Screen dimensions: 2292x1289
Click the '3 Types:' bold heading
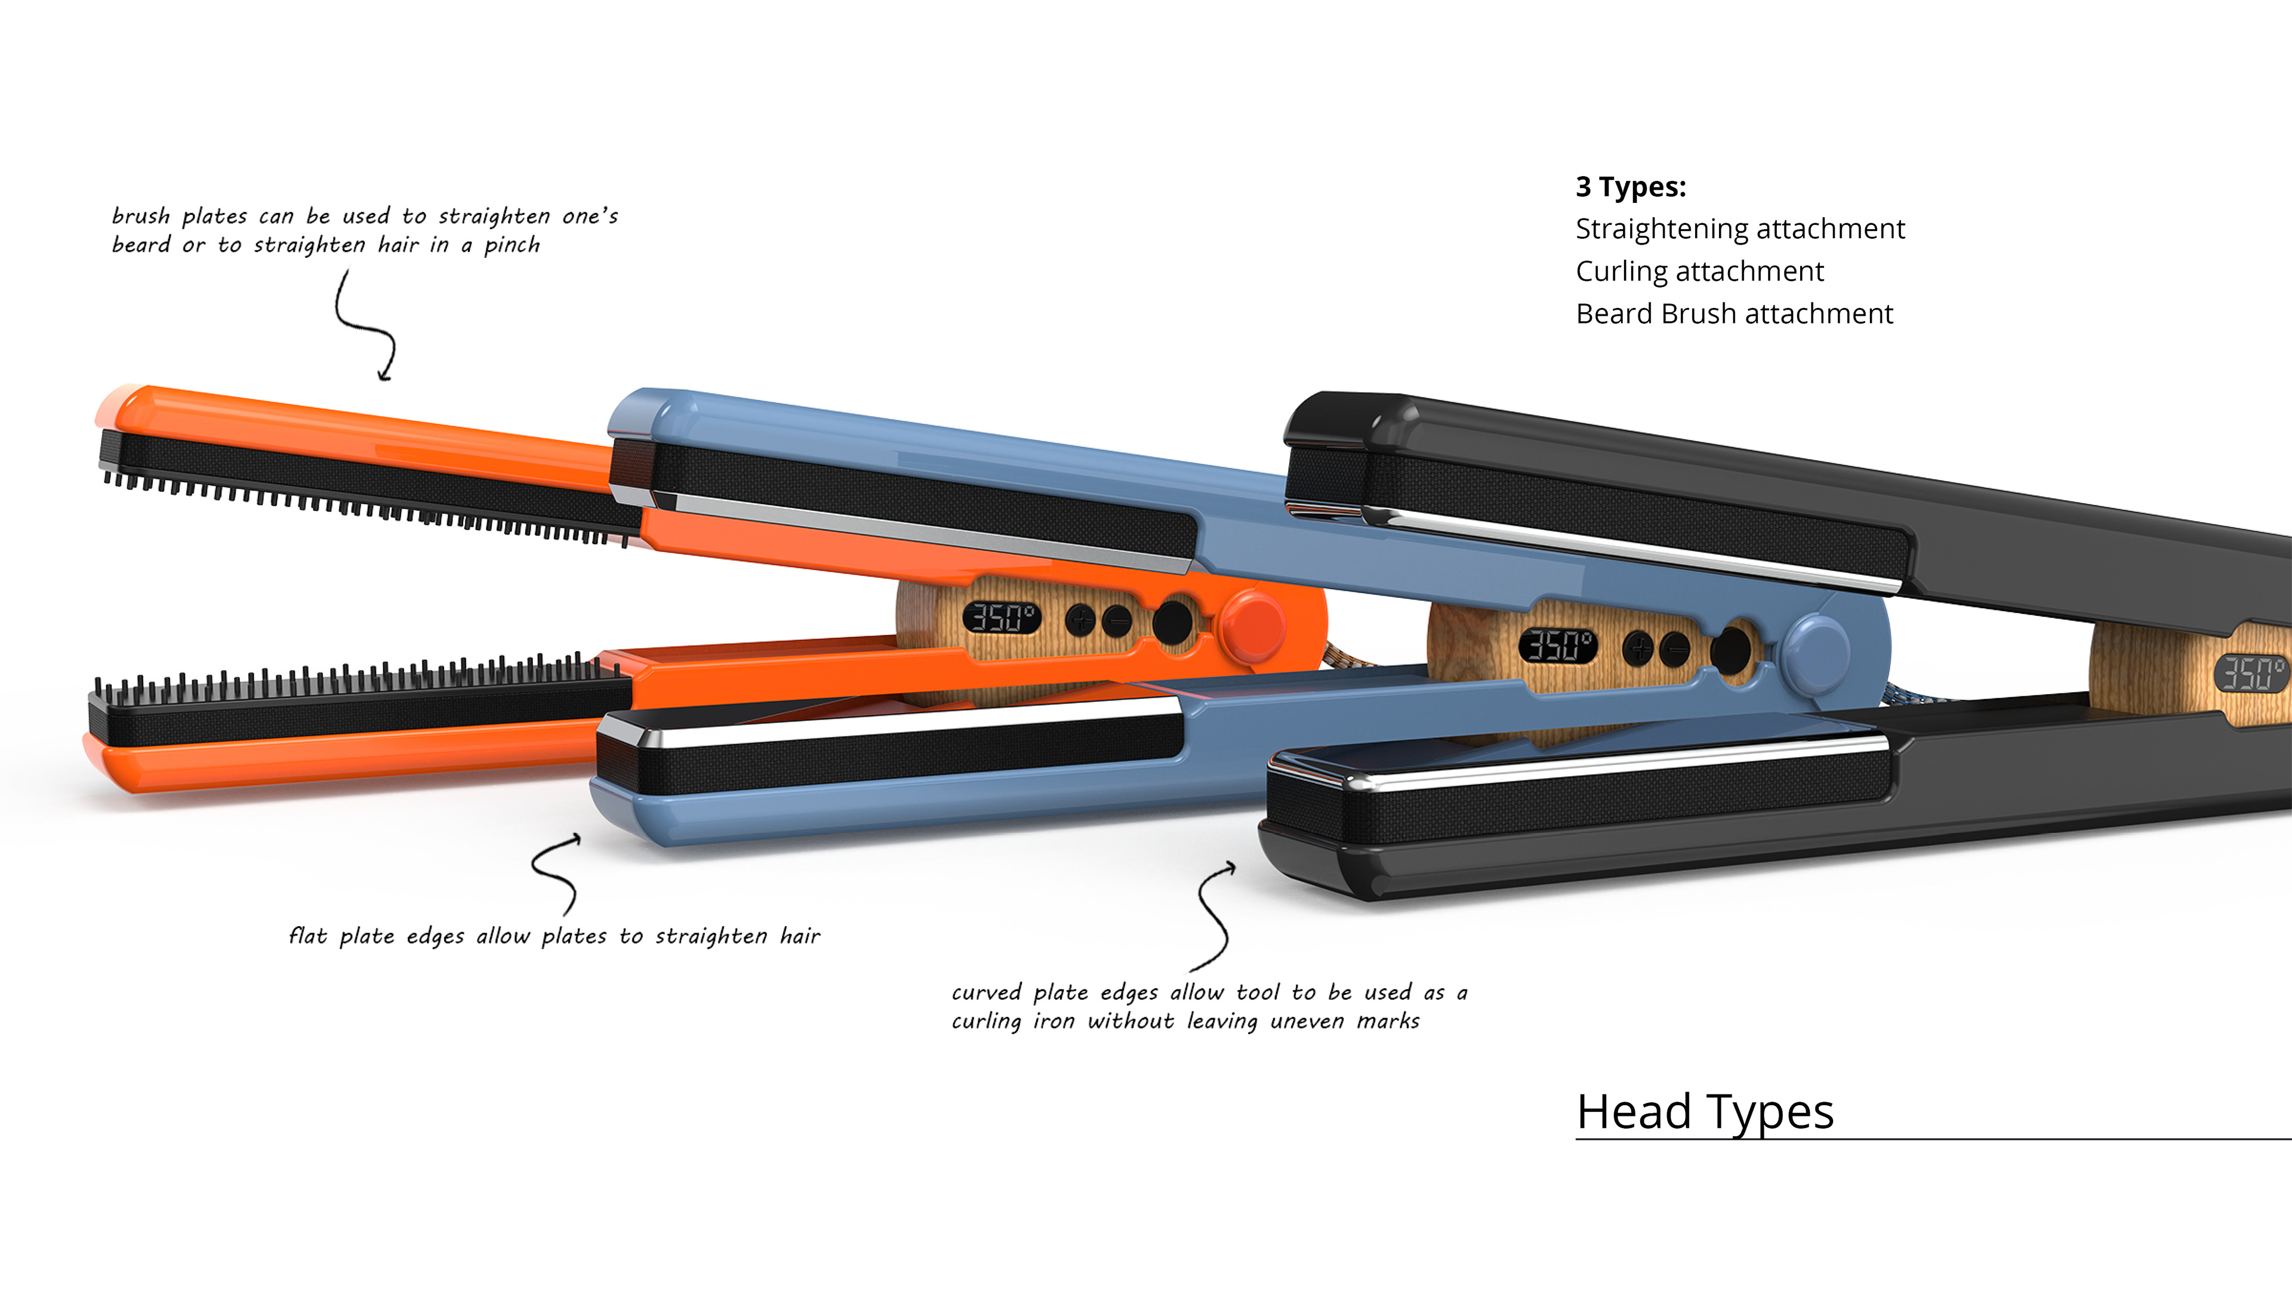click(x=1630, y=187)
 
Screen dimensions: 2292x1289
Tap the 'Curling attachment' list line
click(x=1699, y=272)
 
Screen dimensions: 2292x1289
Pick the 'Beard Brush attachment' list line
click(x=1733, y=314)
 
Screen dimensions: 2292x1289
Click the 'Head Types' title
click(x=1705, y=1112)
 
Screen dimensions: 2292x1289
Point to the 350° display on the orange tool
click(x=1001, y=616)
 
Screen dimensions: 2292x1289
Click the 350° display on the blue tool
click(x=1557, y=645)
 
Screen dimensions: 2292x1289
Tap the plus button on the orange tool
click(x=1081, y=619)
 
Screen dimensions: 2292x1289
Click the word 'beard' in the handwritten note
click(x=141, y=245)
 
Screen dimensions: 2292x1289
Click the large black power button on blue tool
click(x=1730, y=650)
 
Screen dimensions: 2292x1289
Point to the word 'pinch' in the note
click(x=512, y=245)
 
